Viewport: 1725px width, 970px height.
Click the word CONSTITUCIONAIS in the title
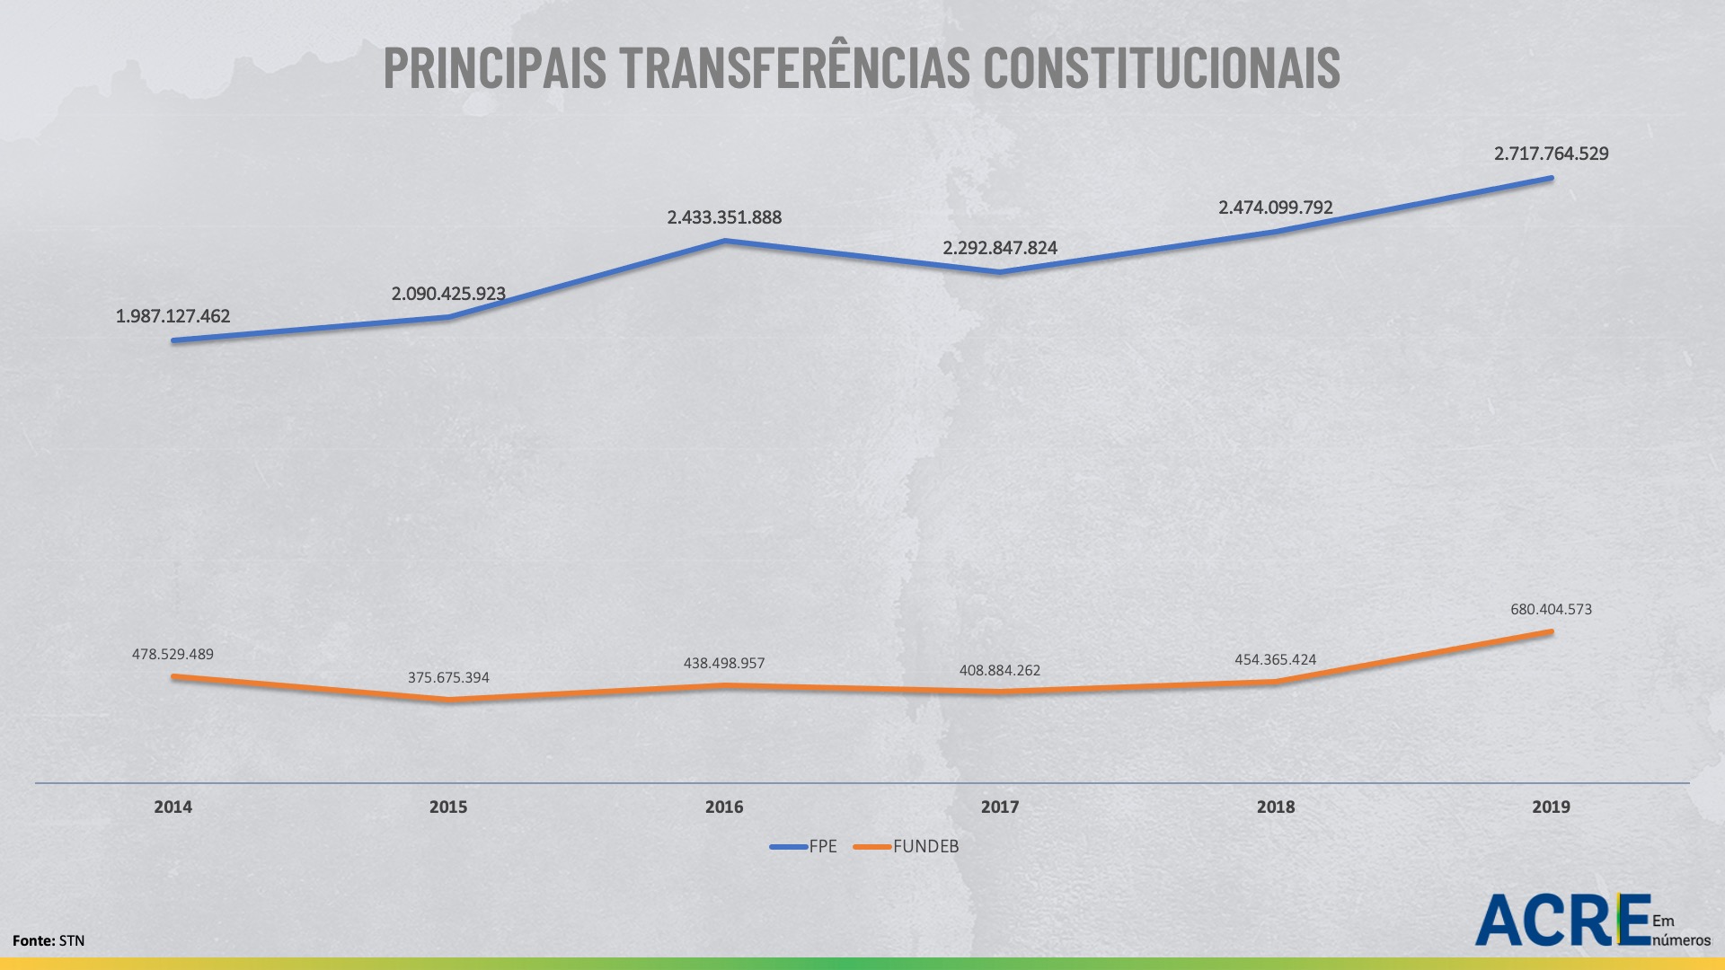pyautogui.click(x=1161, y=68)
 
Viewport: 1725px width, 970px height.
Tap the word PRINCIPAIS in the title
pyautogui.click(x=494, y=68)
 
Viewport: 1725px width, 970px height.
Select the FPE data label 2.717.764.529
pyautogui.click(x=1551, y=154)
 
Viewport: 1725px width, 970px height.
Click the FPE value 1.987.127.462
pyautogui.click(x=172, y=316)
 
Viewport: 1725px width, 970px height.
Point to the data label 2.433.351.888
pyautogui.click(x=724, y=217)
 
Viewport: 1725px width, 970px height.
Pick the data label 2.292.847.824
pyautogui.click(x=1000, y=248)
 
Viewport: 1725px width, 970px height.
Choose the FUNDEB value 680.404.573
pyautogui.click(x=1551, y=609)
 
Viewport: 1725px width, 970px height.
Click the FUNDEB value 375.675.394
pyautogui.click(x=448, y=677)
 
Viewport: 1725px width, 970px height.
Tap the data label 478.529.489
pyautogui.click(x=172, y=654)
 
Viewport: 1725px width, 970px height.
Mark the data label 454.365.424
pyautogui.click(x=1275, y=659)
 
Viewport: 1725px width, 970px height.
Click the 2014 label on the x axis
pyautogui.click(x=172, y=807)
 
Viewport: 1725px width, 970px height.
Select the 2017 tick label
pyautogui.click(x=1000, y=807)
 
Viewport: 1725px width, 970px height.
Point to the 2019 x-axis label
pyautogui.click(x=1551, y=807)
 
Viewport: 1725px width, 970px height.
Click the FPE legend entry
pyautogui.click(x=804, y=846)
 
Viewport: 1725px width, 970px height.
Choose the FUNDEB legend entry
pyautogui.click(x=907, y=846)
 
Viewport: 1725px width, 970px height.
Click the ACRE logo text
pyautogui.click(x=1561, y=920)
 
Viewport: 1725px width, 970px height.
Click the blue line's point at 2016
pyautogui.click(x=724, y=241)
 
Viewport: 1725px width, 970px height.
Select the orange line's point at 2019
pyautogui.click(x=1551, y=631)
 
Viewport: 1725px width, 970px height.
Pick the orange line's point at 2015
pyautogui.click(x=448, y=699)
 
